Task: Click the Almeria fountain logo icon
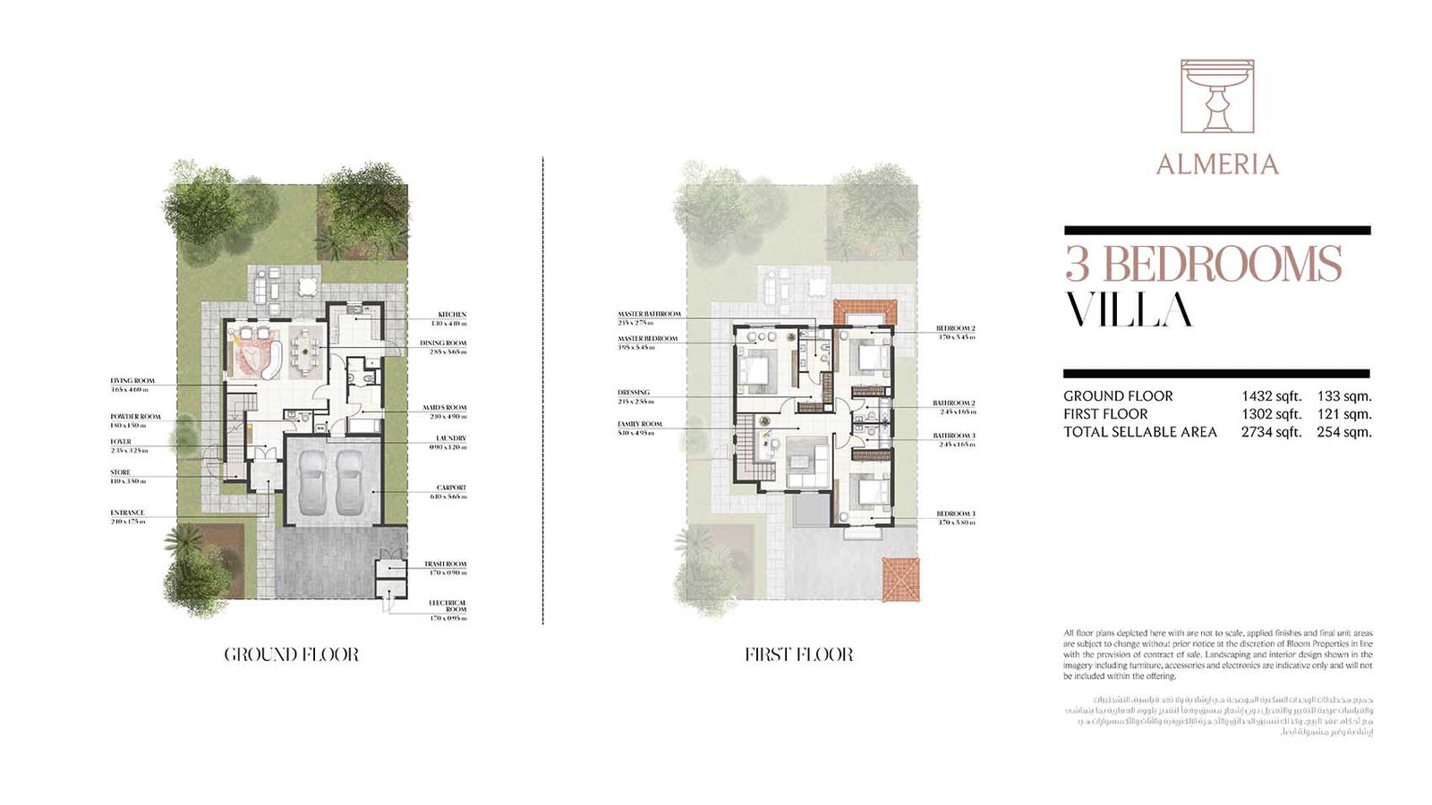tap(1216, 97)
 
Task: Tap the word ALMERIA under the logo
tap(1216, 165)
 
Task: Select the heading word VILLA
tap(1129, 310)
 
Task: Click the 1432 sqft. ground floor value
tap(1271, 396)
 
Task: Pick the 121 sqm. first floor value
tap(1343, 414)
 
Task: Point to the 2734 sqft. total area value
tap(1271, 432)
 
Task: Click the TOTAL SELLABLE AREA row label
tap(1139, 432)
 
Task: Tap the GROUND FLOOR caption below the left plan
tap(292, 655)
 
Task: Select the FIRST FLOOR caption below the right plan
tap(798, 655)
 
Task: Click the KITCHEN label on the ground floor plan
tap(451, 315)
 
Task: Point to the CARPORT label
tap(451, 487)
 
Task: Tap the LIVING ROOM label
tap(132, 381)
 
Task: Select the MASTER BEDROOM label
tap(647, 339)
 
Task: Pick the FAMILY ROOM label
tap(640, 424)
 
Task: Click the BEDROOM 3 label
tap(955, 513)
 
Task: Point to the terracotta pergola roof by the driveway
tap(900, 579)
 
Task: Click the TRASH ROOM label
tap(445, 564)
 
